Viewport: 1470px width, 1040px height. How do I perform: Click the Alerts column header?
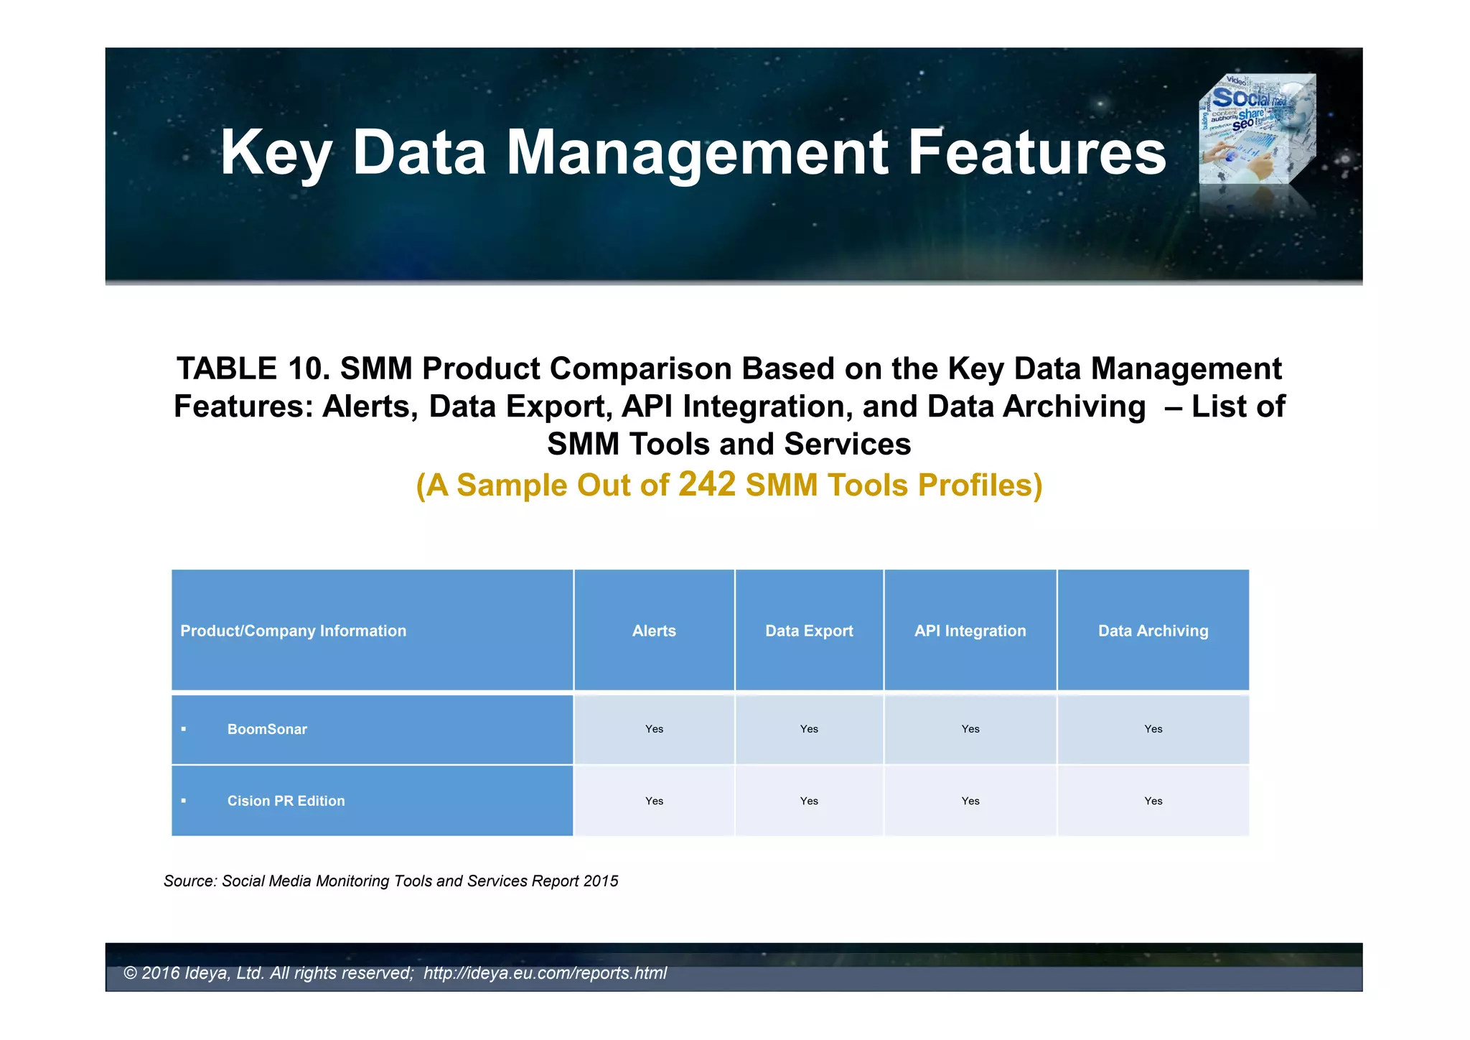point(654,631)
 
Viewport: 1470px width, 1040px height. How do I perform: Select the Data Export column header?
point(809,631)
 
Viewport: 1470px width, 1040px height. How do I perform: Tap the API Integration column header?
point(970,631)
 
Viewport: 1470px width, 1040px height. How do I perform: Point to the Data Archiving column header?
point(1153,631)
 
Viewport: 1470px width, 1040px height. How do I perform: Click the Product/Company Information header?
point(293,631)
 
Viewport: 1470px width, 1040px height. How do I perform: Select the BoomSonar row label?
point(267,729)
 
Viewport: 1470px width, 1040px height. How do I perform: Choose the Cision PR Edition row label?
point(286,801)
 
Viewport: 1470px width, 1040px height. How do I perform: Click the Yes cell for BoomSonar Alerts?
point(654,729)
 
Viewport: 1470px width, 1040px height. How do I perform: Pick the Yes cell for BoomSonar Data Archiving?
point(1153,729)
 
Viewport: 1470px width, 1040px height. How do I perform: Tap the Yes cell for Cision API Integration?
point(970,801)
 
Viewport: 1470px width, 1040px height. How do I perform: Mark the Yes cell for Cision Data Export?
point(809,801)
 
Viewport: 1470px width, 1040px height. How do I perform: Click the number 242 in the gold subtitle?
point(707,484)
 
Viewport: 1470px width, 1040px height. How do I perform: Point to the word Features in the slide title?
point(1036,152)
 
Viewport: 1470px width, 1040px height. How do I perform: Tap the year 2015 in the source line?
point(601,881)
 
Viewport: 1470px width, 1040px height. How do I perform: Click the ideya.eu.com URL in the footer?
point(545,973)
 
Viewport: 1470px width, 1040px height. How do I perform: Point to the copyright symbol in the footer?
point(130,973)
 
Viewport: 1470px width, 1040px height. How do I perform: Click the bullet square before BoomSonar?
point(184,729)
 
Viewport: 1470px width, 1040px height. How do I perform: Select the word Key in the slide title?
point(276,152)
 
